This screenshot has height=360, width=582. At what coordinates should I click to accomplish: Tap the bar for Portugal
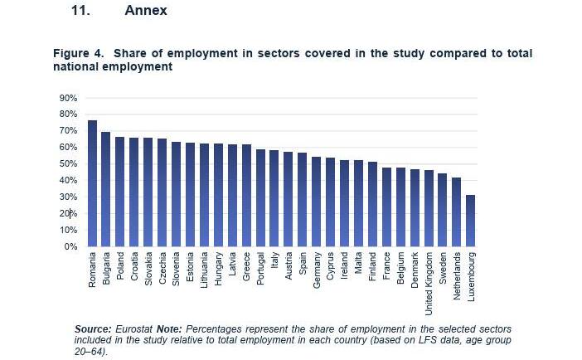(260, 198)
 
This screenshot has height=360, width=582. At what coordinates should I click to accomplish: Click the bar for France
(386, 207)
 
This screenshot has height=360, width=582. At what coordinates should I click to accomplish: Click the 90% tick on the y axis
(68, 98)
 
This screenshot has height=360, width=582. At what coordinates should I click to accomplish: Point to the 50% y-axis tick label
(68, 164)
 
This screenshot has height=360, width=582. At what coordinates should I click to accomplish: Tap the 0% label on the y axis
(70, 247)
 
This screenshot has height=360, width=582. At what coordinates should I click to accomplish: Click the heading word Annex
(146, 11)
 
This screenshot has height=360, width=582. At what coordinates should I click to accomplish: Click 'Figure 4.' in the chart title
(79, 54)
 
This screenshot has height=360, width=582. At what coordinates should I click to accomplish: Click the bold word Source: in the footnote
(93, 329)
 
